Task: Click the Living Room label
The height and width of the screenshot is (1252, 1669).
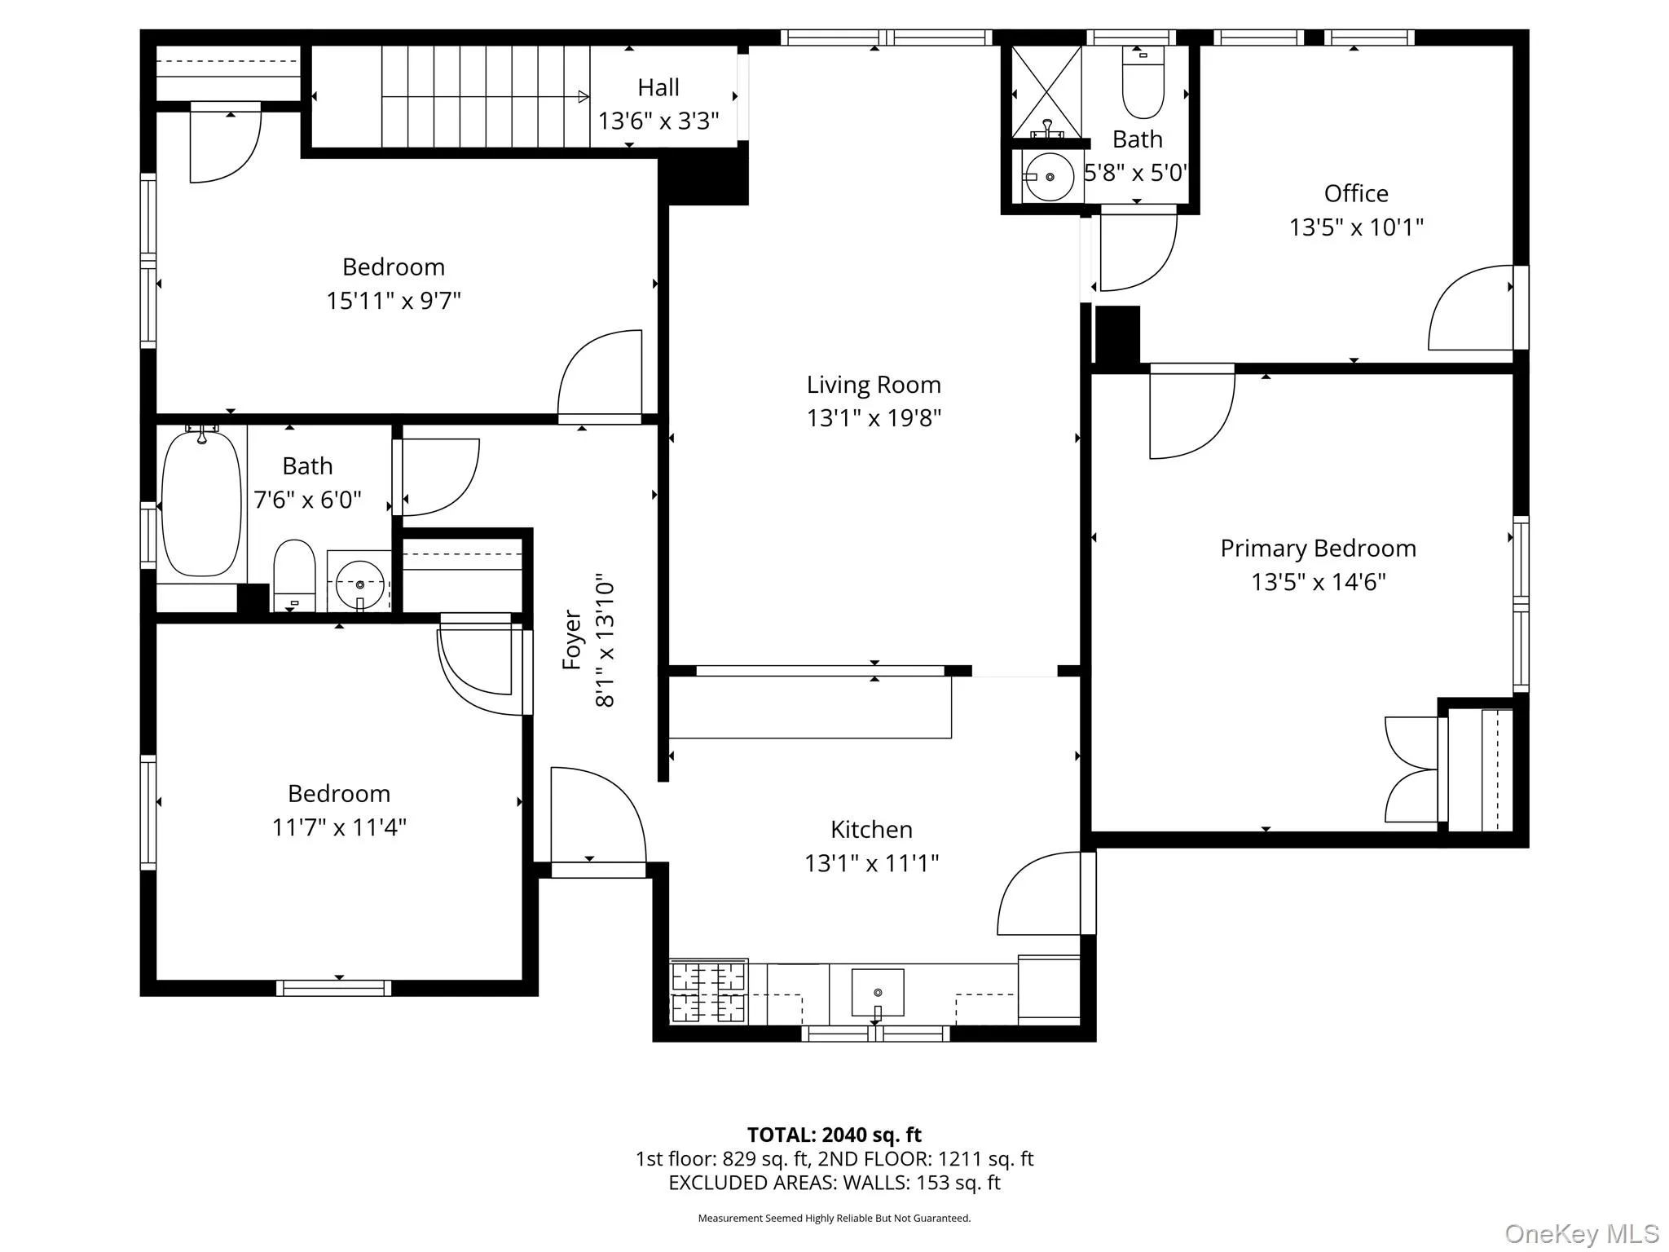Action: [x=874, y=385]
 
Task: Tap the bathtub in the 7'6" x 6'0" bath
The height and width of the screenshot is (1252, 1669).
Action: [x=201, y=503]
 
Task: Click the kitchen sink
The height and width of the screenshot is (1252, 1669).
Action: [x=878, y=992]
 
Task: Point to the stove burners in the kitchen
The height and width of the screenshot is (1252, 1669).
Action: [x=708, y=991]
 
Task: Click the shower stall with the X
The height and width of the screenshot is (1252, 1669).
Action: [x=1046, y=90]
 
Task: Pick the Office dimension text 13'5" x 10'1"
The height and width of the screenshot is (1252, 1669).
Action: [x=1355, y=227]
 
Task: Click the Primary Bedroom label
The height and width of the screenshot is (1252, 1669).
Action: [x=1318, y=549]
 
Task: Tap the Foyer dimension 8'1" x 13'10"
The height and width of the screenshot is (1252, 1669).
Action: [x=605, y=644]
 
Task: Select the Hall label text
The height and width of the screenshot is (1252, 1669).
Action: [x=658, y=87]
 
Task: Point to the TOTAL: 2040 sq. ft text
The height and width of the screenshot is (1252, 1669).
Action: [x=834, y=1135]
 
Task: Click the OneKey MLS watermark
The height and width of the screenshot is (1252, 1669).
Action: [x=1581, y=1234]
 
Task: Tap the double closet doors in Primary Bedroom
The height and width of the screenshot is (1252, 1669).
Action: [x=1411, y=769]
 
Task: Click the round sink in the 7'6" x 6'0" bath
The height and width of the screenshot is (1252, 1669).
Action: [x=359, y=584]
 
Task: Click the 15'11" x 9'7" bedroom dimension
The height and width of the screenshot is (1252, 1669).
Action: [x=394, y=301]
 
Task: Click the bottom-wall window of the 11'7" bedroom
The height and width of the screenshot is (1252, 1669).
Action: [x=333, y=988]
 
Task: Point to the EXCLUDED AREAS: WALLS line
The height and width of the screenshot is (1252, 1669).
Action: [x=834, y=1183]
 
